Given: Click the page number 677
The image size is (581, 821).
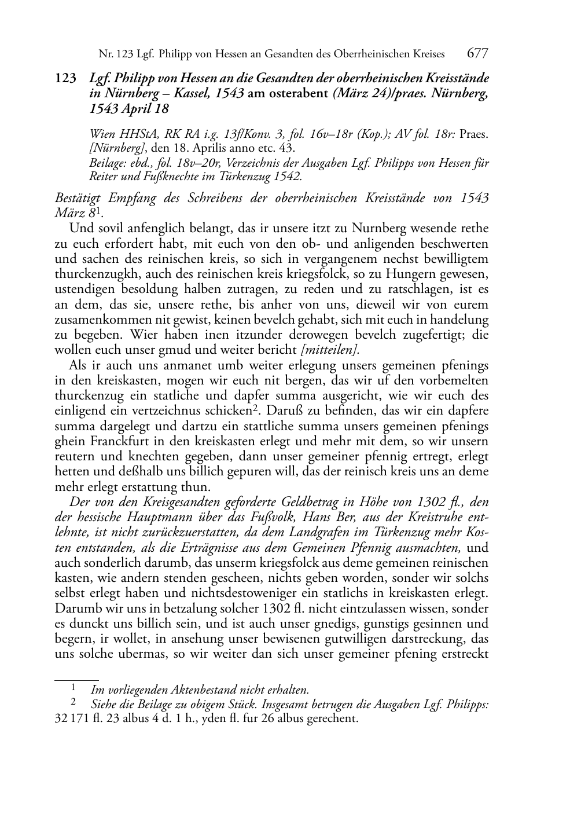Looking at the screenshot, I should (x=477, y=54).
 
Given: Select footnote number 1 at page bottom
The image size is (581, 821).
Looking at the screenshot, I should (x=74, y=688).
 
